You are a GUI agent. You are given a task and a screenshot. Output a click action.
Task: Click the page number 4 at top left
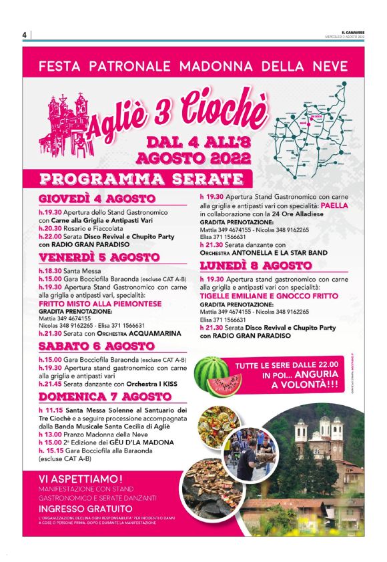click(24, 35)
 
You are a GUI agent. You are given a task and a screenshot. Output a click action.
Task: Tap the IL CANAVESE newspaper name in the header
click(352, 32)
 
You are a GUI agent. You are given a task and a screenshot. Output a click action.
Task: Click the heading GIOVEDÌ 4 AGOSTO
click(97, 200)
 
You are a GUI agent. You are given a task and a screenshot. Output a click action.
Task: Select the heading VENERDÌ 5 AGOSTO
click(97, 258)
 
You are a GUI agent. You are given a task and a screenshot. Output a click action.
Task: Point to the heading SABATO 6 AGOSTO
click(97, 346)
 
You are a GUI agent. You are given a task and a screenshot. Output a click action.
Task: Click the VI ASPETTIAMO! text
click(81, 479)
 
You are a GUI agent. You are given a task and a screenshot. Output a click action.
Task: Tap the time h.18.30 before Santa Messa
click(50, 271)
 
